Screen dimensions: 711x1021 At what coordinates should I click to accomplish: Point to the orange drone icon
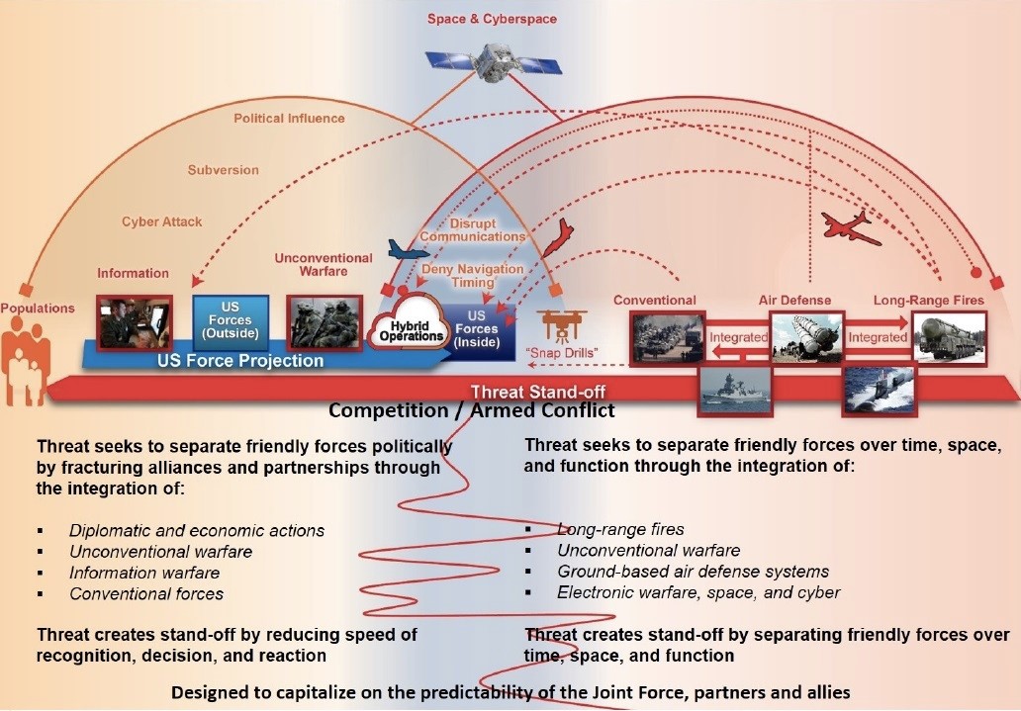[561, 323]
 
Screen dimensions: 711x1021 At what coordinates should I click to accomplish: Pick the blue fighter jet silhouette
[409, 250]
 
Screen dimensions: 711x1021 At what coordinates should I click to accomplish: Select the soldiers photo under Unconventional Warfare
[325, 320]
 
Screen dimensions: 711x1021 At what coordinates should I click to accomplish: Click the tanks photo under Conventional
[668, 337]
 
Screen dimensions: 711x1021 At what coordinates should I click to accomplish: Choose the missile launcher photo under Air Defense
[805, 337]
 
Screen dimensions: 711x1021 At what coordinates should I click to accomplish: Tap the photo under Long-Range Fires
[948, 337]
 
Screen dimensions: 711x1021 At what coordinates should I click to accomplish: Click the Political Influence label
[289, 119]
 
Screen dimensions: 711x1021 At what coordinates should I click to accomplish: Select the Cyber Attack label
[161, 222]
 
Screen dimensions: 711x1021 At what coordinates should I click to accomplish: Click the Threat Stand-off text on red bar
[537, 393]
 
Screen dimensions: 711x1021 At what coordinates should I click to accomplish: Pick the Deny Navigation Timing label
[473, 276]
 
